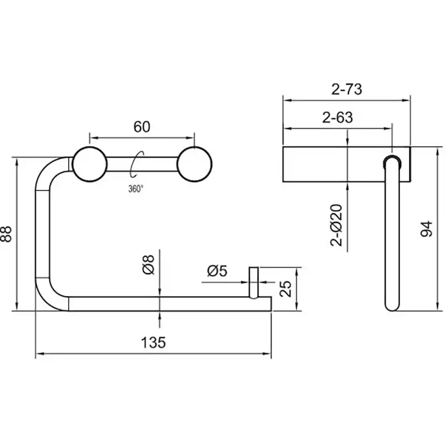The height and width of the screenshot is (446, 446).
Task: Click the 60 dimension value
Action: pyautogui.click(x=142, y=127)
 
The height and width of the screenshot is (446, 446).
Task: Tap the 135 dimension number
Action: pyautogui.click(x=154, y=343)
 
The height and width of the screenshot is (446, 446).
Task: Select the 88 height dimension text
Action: pyautogui.click(x=6, y=234)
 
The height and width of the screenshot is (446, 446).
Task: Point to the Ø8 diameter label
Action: pyautogui.click(x=148, y=264)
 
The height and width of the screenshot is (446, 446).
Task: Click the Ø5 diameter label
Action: pyautogui.click(x=217, y=271)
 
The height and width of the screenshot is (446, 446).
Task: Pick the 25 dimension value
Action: pyautogui.click(x=285, y=289)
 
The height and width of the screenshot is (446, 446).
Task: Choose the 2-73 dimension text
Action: pyautogui.click(x=347, y=89)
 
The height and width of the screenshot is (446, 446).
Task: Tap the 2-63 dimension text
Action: pyautogui.click(x=338, y=117)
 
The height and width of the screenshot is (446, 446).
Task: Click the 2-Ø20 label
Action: pyautogui.click(x=336, y=225)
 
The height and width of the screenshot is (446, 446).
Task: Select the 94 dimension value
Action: pyautogui.click(x=427, y=229)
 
